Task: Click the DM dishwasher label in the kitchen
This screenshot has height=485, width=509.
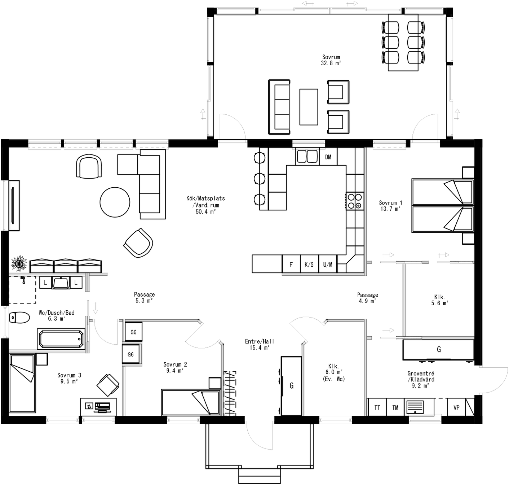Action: coord(328,157)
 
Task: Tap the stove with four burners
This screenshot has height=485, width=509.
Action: coord(354,201)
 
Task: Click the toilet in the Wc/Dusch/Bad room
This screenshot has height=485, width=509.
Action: coord(19,318)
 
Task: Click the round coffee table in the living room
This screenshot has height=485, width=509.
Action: coord(115,202)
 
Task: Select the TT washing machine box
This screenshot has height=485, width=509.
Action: coord(377,407)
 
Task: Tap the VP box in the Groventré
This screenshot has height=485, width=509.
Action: coord(456,407)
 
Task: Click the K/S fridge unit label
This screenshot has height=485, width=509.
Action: coord(309,265)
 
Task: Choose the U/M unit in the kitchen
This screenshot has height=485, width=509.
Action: coord(328,265)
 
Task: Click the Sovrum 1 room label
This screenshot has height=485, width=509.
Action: coord(390,203)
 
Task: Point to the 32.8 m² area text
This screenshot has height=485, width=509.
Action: coord(331,63)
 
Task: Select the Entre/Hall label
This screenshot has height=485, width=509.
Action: coord(260,341)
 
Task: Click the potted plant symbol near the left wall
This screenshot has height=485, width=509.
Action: coord(19,263)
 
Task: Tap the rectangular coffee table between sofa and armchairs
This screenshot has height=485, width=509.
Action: coord(309,107)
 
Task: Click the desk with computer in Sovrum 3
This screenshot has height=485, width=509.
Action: coord(98,407)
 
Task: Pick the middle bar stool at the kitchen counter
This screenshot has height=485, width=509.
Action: coord(260,178)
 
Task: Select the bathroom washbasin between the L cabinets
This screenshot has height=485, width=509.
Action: coord(61,283)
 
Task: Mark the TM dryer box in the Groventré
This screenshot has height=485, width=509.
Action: coord(395,407)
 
